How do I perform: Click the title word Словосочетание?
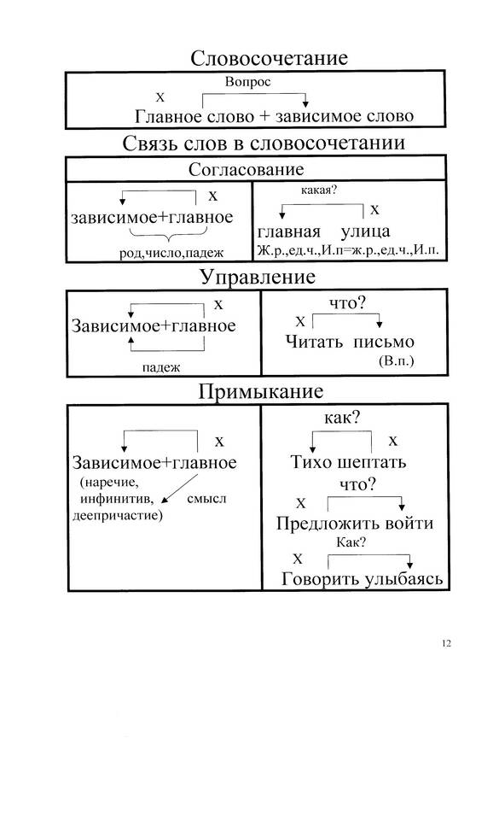point(269,58)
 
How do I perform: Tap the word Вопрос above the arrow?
point(248,82)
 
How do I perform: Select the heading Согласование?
point(246,169)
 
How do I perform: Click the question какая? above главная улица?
point(318,190)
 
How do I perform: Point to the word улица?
point(365,231)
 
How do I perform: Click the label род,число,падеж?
point(171,253)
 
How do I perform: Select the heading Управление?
point(258,277)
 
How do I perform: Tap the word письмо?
point(384,342)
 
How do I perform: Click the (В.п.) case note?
point(396,360)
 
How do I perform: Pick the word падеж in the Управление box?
point(161,367)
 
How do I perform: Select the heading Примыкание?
point(260,391)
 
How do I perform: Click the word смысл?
point(206,498)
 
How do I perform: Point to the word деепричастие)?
point(118,516)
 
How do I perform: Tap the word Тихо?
point(310,462)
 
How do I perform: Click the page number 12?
point(446,643)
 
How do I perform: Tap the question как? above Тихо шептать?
point(342,418)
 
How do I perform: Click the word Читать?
point(314,342)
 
